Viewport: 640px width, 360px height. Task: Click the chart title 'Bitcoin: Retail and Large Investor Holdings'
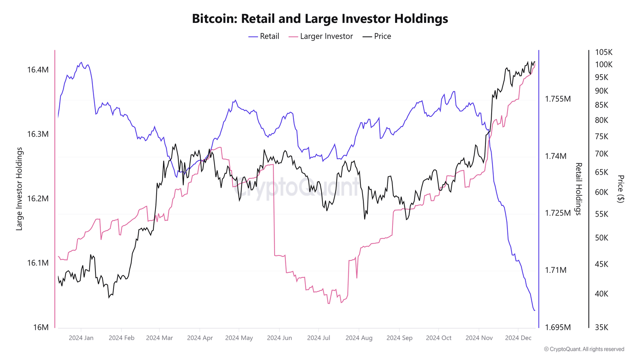[x=320, y=19]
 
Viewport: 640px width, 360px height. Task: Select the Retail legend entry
[x=264, y=36]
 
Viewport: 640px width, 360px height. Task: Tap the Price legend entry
[x=377, y=36]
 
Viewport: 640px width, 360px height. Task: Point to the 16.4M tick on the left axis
[x=38, y=70]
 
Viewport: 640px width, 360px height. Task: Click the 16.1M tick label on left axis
[x=38, y=263]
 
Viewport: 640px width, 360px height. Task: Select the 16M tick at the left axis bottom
[x=41, y=327]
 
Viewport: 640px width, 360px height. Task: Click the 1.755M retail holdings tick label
[x=557, y=99]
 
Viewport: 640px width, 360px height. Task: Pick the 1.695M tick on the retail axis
[x=557, y=327]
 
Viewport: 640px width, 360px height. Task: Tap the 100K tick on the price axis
[x=603, y=65]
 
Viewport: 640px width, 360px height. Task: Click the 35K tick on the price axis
[x=601, y=327]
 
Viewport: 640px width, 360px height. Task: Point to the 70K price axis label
[x=601, y=154]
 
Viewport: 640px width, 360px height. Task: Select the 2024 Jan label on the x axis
[x=81, y=338]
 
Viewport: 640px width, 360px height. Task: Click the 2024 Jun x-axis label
[x=279, y=338]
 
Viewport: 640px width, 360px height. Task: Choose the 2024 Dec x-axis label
[x=518, y=338]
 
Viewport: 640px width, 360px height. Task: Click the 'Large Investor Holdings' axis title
[x=19, y=189]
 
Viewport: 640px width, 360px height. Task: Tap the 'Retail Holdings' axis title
[x=578, y=189]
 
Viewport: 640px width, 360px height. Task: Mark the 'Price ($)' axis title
[x=620, y=189]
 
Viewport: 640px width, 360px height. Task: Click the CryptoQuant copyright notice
[x=584, y=349]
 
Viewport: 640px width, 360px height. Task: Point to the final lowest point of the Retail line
[x=534, y=310]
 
